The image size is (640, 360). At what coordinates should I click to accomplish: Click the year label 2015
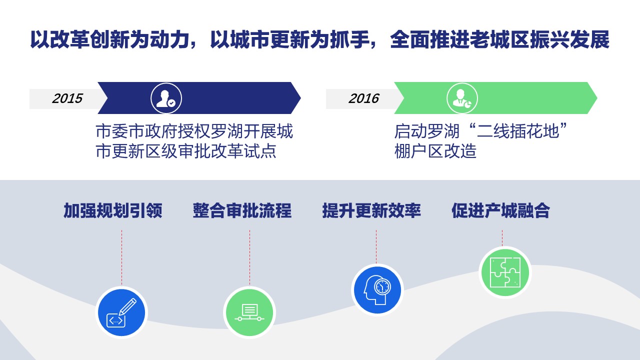[x=67, y=98]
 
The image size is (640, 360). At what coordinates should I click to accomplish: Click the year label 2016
[x=363, y=98]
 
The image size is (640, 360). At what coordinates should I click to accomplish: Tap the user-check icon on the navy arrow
[x=166, y=98]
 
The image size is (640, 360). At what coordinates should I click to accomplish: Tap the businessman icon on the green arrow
[x=462, y=98]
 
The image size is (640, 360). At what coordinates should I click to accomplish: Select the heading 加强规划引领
[x=113, y=211]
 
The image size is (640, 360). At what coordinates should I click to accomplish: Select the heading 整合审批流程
[x=242, y=211]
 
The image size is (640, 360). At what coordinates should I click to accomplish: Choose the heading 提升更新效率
[x=371, y=211]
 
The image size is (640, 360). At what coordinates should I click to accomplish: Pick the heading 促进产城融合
[x=500, y=211]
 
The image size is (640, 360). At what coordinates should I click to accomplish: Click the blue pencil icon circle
[x=121, y=312]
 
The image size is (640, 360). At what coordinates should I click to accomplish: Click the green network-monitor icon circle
[x=249, y=312]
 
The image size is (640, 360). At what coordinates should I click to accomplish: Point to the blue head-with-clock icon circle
[x=377, y=290]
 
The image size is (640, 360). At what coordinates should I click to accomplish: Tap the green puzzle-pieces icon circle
[x=505, y=272]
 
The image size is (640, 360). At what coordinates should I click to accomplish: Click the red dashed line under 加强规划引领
[x=121, y=257]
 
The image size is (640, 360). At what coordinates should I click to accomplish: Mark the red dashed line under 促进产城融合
[x=502, y=237]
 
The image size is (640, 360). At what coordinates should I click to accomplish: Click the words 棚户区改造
[x=435, y=151]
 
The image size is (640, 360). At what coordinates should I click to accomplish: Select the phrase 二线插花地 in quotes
[x=518, y=131]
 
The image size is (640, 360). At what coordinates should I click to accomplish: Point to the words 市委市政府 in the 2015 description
[x=136, y=131]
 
